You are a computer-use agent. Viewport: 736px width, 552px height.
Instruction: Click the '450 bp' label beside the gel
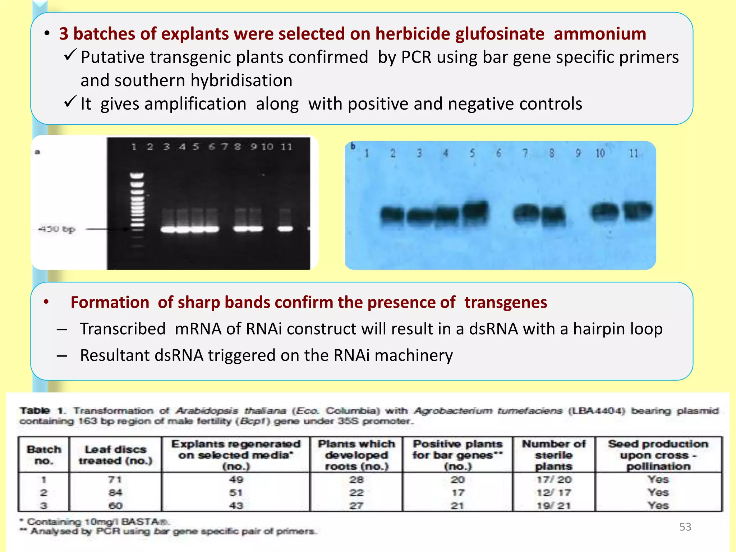point(57,229)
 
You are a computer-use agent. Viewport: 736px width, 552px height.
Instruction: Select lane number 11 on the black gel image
point(286,147)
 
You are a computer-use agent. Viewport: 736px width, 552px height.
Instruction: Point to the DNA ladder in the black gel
point(137,208)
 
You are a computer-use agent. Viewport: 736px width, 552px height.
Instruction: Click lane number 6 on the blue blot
point(498,153)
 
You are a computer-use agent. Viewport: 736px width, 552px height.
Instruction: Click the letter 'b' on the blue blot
point(353,146)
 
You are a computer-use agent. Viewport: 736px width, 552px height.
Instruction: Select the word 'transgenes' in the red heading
point(505,303)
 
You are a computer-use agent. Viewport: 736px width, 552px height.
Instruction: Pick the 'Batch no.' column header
point(43,455)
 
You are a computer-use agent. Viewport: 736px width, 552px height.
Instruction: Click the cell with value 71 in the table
point(115,479)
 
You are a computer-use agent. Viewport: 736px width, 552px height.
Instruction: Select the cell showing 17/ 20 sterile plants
point(553,479)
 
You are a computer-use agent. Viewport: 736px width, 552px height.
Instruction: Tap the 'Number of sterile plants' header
point(553,455)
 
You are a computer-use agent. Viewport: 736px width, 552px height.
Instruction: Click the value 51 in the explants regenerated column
point(236,493)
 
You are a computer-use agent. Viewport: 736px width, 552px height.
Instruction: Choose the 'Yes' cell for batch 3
point(658,506)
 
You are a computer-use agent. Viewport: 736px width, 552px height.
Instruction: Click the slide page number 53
point(685,527)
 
